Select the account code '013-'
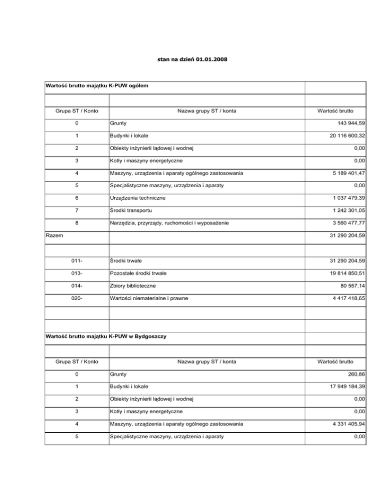74,273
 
